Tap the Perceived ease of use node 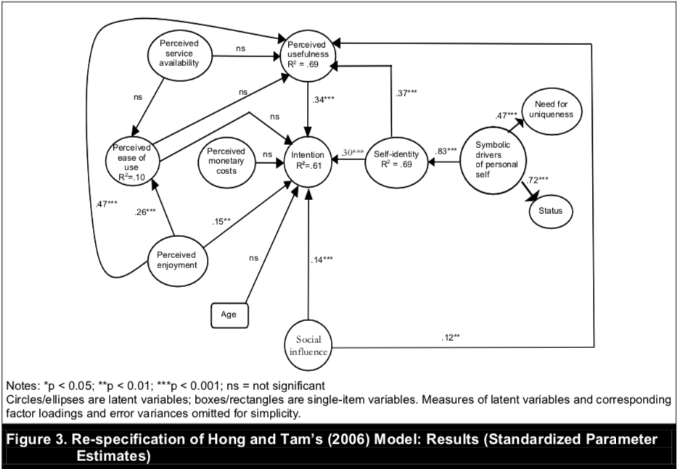pos(131,161)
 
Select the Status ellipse pos(550,211)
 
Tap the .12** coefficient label pos(451,338)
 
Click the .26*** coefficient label pos(146,212)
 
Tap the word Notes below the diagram pos(20,384)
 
